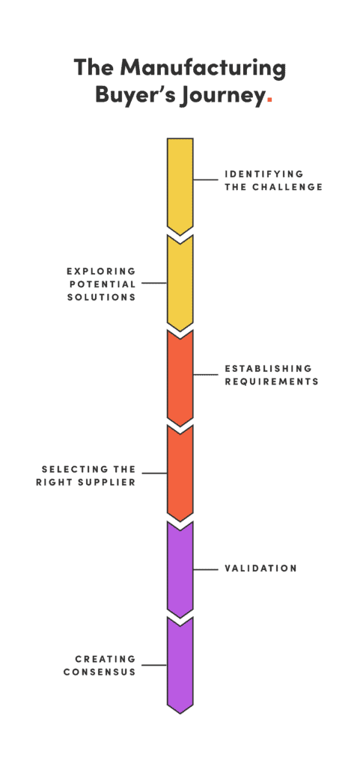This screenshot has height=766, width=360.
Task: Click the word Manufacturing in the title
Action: (x=203, y=68)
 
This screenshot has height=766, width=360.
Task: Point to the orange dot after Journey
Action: (x=269, y=101)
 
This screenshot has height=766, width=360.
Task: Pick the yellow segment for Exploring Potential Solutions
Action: (x=180, y=282)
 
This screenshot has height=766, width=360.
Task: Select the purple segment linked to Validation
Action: (x=180, y=569)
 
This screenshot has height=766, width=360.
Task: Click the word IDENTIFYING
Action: (x=263, y=174)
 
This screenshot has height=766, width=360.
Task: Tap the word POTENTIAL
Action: (x=102, y=284)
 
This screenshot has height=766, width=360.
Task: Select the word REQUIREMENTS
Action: (x=272, y=381)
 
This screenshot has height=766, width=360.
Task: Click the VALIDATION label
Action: (x=260, y=569)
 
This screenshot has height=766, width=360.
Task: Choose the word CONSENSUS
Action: (x=100, y=672)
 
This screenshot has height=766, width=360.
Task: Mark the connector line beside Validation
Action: (x=206, y=569)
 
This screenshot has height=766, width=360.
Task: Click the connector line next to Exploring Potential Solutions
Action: (x=154, y=283)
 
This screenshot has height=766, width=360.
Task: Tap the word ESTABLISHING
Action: (x=268, y=368)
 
